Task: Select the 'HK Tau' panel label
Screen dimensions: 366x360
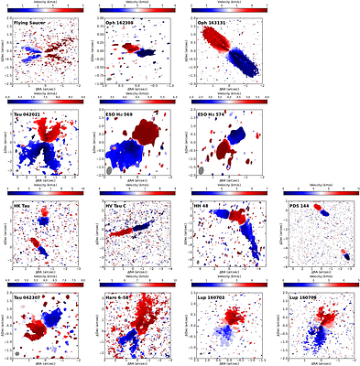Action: [22, 206]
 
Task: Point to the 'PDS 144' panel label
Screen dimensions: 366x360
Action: [300, 206]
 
